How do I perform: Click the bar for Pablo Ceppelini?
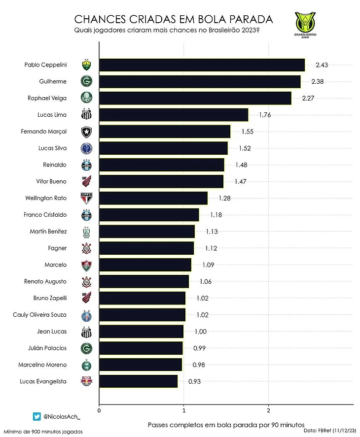tap(202, 65)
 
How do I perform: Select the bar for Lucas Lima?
tap(174, 115)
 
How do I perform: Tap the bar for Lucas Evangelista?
tap(139, 381)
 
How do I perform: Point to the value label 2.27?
tap(308, 98)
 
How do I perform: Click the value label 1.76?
tap(265, 115)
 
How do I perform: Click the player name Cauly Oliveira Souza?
tap(39, 315)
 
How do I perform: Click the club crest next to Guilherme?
tap(86, 82)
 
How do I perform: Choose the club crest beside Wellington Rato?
tap(86, 198)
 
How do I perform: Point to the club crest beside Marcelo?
tap(86, 265)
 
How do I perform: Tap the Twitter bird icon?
tap(36, 417)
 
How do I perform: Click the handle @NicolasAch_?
tap(62, 417)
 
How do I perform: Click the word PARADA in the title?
tap(250, 20)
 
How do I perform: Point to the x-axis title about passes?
tap(226, 424)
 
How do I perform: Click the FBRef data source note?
tap(330, 430)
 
